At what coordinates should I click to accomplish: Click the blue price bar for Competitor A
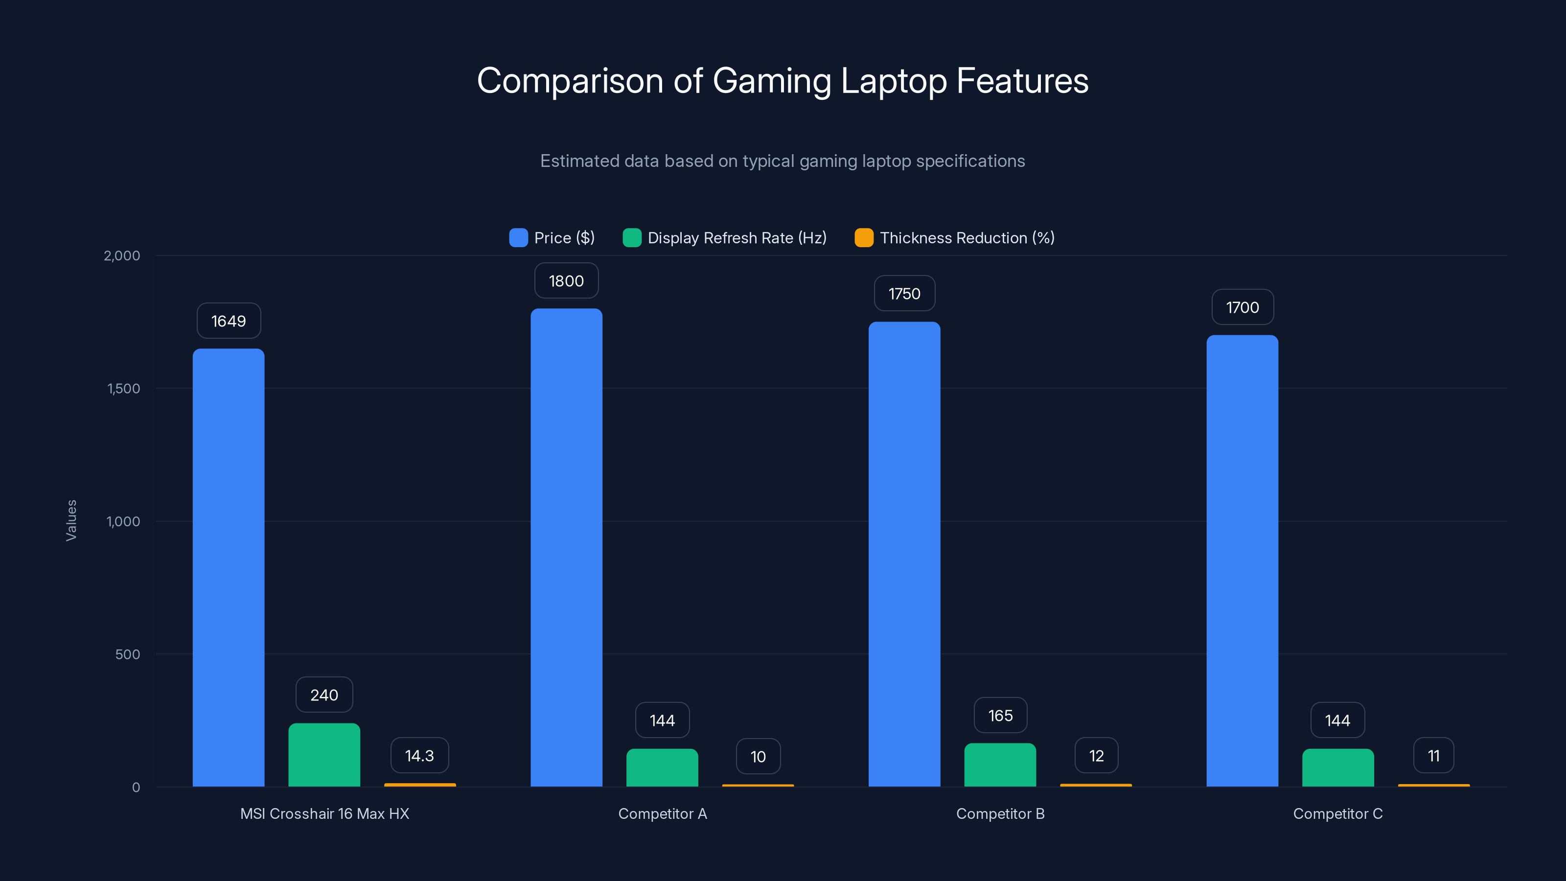566,547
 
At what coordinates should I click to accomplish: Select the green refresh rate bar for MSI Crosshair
324,755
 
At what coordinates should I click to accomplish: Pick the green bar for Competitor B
1000,765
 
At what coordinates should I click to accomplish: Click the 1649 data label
229,321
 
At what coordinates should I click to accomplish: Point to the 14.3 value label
419,756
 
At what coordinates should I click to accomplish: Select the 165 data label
1000,716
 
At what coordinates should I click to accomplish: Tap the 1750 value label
904,294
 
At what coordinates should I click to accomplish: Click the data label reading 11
1433,756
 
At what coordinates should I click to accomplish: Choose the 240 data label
324,695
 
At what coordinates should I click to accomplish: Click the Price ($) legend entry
552,238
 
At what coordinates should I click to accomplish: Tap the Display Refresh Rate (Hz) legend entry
725,238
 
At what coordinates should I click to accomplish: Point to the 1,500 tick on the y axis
123,389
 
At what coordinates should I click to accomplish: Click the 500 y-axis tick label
128,654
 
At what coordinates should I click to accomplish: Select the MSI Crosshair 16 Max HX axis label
324,813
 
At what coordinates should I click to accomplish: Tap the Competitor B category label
1000,813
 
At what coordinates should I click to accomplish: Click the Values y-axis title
71,520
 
